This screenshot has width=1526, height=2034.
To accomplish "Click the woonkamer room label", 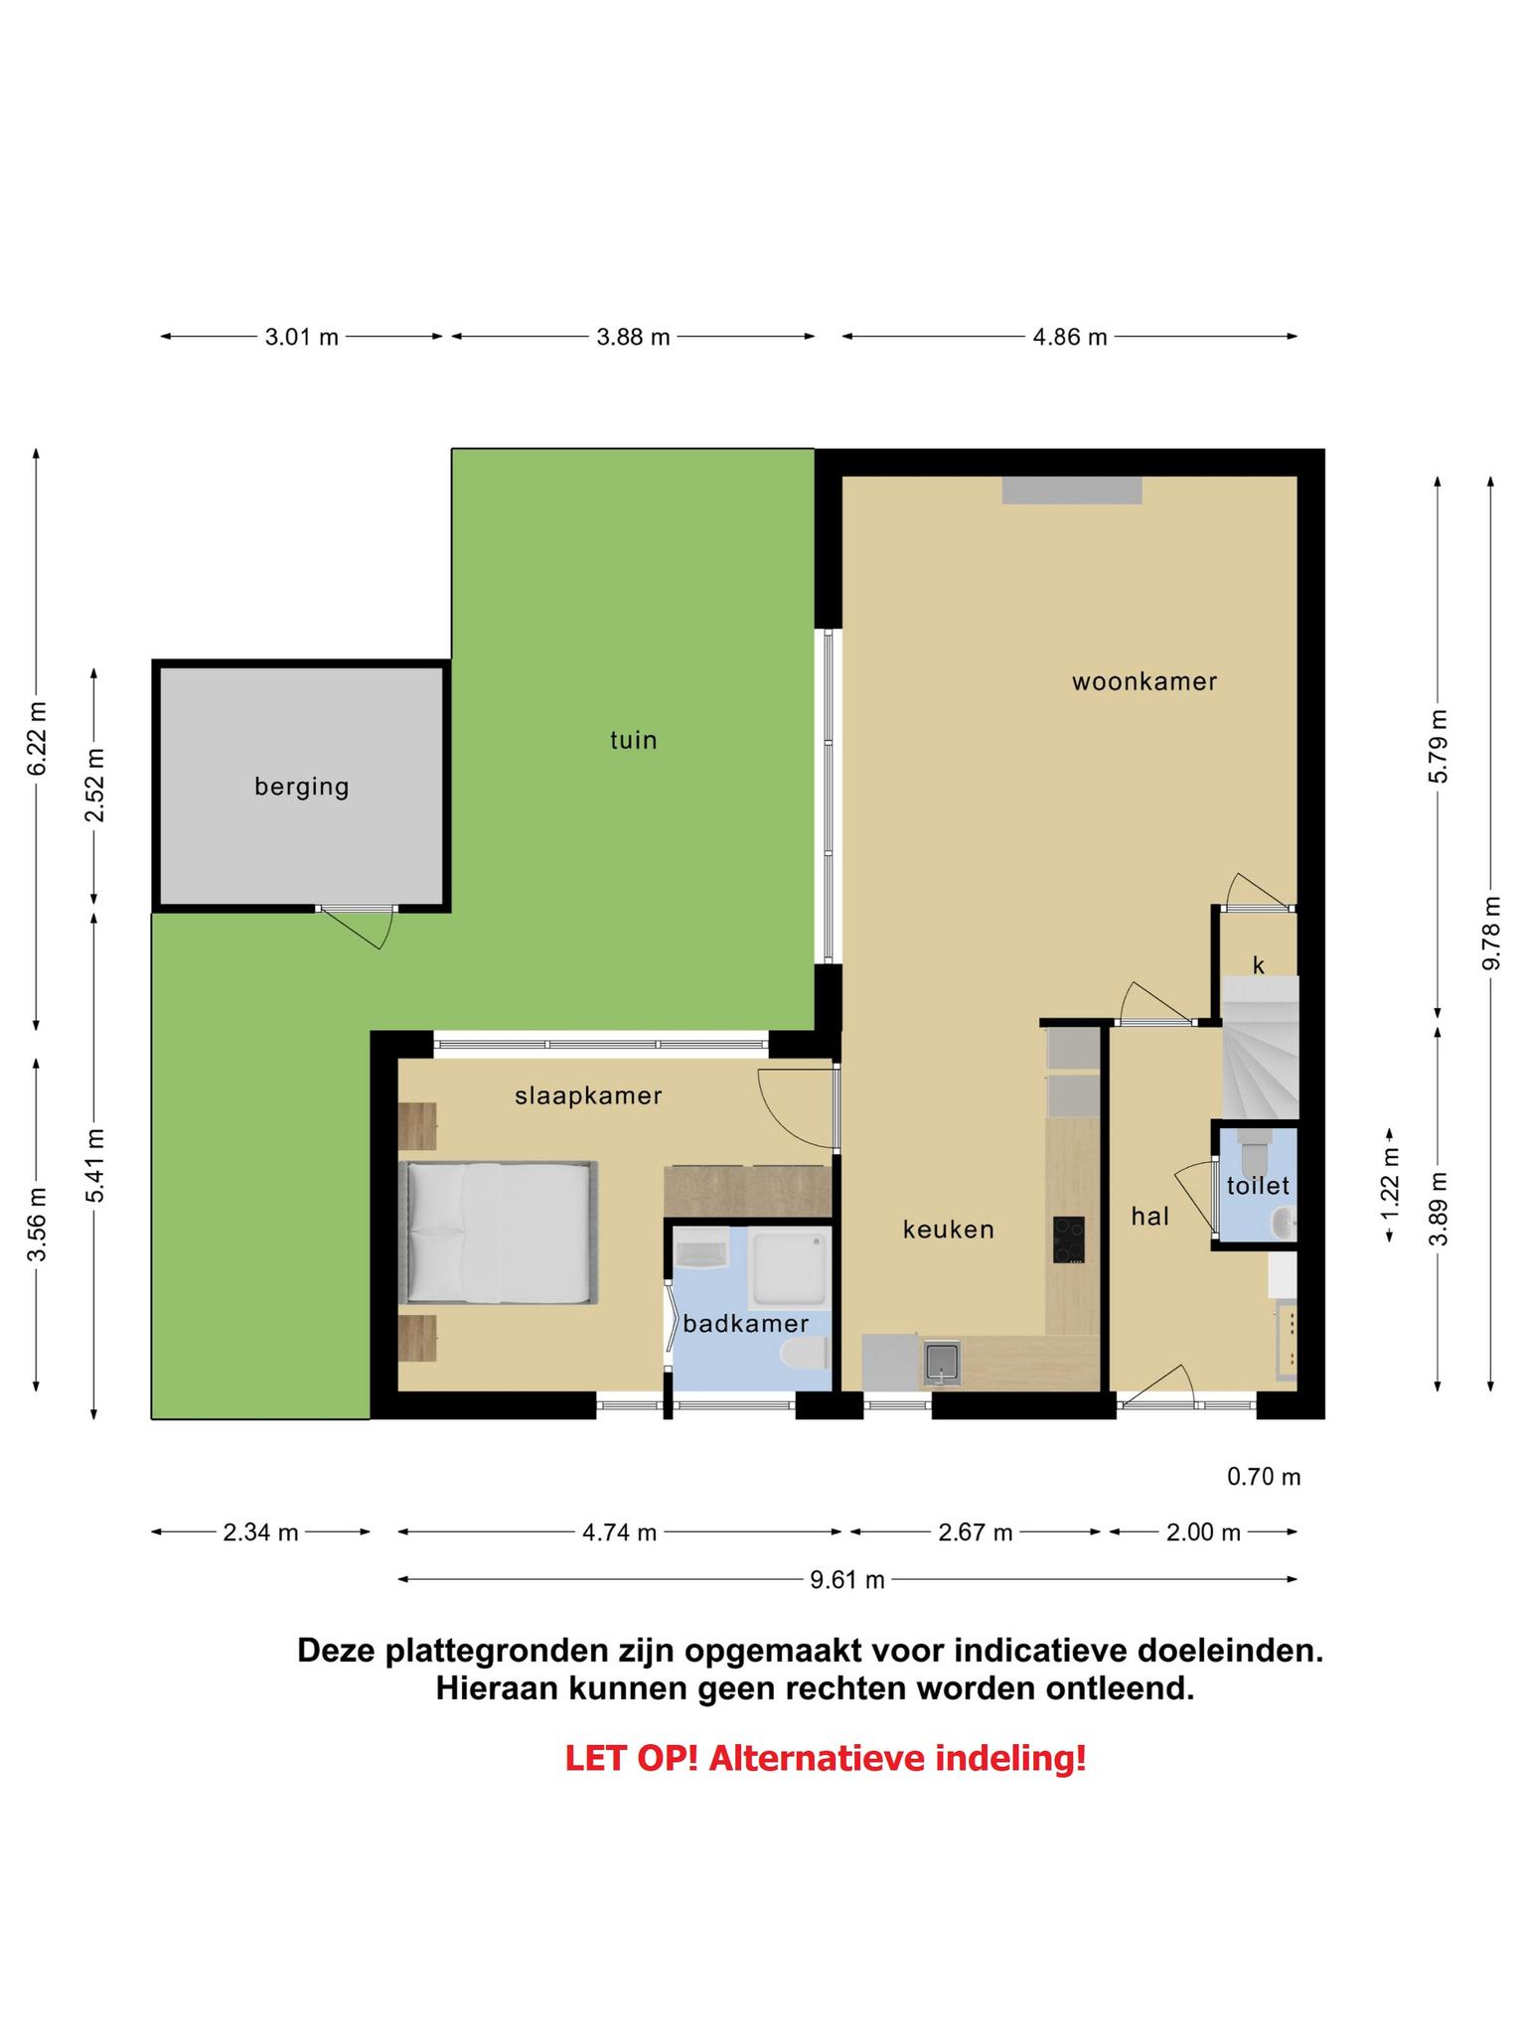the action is tap(1144, 681).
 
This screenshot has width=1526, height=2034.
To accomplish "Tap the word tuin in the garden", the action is tap(633, 740).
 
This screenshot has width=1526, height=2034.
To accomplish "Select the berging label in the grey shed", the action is tap(302, 788).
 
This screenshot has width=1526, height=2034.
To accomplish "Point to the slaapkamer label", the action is tap(588, 1095).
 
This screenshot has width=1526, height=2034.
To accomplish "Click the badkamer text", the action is tap(745, 1323).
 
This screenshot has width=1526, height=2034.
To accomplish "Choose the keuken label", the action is tap(948, 1230).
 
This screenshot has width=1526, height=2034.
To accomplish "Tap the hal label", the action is tap(1149, 1216).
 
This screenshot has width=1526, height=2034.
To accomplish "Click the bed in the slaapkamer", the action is tap(498, 1232).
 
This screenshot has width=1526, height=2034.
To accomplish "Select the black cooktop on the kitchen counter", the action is tap(1068, 1239).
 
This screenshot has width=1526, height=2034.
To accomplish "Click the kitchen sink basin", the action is tap(941, 1362).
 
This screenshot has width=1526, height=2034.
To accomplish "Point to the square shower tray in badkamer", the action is tap(789, 1268).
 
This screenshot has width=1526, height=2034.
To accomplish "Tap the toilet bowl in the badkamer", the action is tap(805, 1353).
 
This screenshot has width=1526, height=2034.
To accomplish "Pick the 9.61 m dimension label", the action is tap(846, 1580).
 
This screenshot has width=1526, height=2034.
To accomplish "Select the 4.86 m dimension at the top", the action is tap(1069, 337).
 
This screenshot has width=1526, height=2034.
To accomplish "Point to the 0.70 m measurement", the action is tap(1264, 1477).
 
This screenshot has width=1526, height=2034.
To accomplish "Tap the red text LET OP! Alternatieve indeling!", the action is tap(826, 1759).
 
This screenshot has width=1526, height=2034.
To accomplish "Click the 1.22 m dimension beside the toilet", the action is tap(1391, 1185).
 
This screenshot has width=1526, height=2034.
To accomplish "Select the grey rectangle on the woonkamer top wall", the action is tap(1072, 491).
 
